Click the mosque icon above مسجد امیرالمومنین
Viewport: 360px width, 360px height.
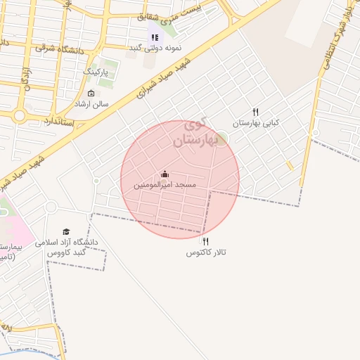[x=165, y=174]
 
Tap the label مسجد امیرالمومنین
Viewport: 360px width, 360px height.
[x=165, y=185]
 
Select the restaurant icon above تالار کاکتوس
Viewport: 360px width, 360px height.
[x=205, y=241]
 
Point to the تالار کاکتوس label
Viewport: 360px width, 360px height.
[x=205, y=252]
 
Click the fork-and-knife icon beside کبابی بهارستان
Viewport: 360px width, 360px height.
[x=256, y=112]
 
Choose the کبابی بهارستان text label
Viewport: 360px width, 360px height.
[x=257, y=123]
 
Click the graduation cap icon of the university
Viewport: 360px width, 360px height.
[x=66, y=231]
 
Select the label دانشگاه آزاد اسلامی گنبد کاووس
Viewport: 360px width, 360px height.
[x=70, y=247]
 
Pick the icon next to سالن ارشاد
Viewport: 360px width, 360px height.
[x=91, y=94]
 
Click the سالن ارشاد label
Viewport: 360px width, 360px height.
[x=92, y=103]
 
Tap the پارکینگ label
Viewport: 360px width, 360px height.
[x=96, y=72]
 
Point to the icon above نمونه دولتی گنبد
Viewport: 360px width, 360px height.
[x=154, y=37]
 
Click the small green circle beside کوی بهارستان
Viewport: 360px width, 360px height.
[x=221, y=139]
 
